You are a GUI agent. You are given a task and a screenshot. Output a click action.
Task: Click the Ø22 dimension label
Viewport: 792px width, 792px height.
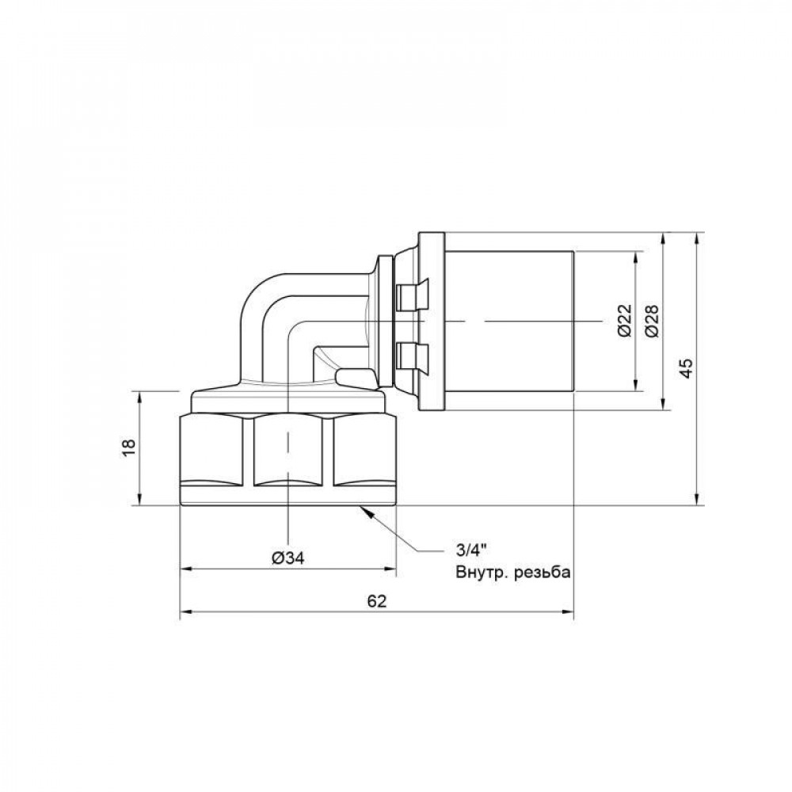[624, 322]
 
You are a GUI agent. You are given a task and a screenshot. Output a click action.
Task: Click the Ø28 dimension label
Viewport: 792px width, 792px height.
[652, 322]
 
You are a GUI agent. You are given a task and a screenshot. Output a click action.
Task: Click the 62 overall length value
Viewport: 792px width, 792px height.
[377, 601]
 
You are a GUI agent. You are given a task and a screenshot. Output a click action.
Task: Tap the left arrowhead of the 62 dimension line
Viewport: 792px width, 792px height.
[187, 611]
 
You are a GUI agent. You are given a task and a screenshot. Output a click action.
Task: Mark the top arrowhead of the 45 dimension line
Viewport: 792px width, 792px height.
[696, 238]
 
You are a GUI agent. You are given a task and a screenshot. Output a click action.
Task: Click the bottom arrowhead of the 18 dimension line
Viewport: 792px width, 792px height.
[141, 500]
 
